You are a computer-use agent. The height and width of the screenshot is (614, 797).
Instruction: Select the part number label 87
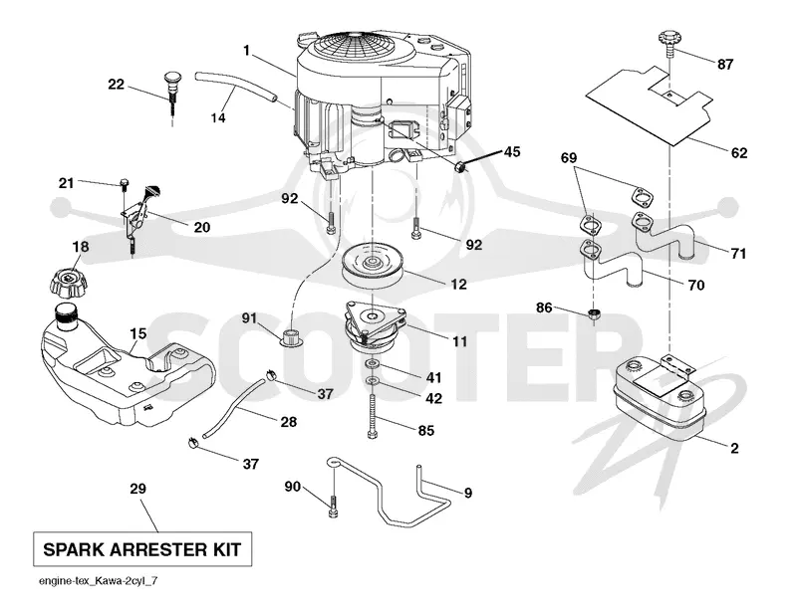pyautogui.click(x=725, y=65)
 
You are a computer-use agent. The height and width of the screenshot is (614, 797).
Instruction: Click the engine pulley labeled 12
pyautogui.click(x=373, y=266)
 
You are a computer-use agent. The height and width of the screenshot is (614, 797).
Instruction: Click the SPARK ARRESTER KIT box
pyautogui.click(x=142, y=549)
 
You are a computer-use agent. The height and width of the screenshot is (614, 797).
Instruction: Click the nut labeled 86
pyautogui.click(x=593, y=313)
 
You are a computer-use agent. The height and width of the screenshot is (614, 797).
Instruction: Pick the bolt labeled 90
pyautogui.click(x=333, y=507)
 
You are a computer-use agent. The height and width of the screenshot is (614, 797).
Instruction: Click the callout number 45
pyautogui.click(x=512, y=152)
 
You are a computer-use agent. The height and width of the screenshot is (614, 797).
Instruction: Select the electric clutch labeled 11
pyautogui.click(x=376, y=327)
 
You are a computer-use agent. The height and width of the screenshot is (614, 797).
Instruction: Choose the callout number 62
pyautogui.click(x=738, y=152)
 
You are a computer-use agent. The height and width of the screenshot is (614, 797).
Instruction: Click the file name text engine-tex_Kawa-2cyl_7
pyautogui.click(x=98, y=581)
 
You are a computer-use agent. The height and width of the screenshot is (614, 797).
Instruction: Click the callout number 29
pyautogui.click(x=137, y=489)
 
